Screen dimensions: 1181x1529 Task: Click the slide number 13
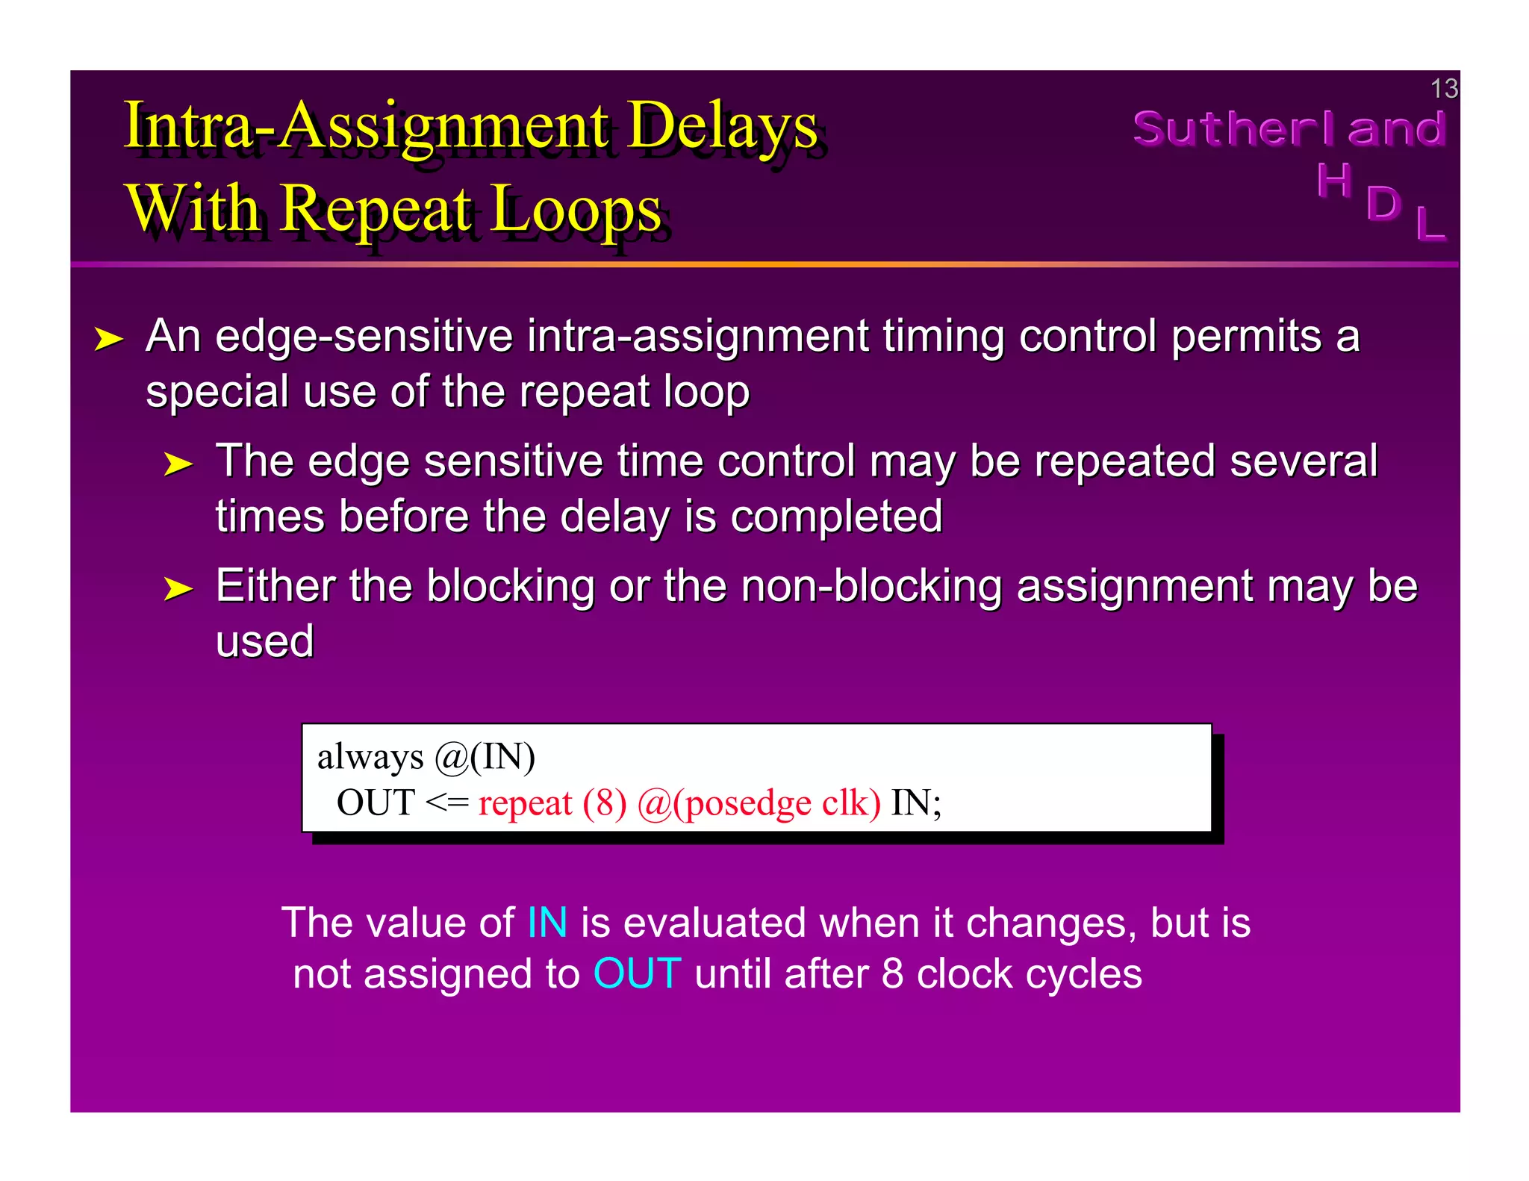click(1443, 89)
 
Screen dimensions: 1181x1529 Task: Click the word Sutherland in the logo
click(1289, 129)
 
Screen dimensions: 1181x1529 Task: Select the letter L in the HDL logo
click(1430, 223)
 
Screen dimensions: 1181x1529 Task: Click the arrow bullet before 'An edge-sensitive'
click(108, 339)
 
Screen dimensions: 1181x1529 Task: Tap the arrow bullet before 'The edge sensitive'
click(178, 464)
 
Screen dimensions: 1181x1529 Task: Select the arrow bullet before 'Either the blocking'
click(178, 588)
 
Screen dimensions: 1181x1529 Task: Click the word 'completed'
click(836, 516)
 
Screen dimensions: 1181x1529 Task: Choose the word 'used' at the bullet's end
click(264, 641)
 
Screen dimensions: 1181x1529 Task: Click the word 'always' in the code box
click(370, 757)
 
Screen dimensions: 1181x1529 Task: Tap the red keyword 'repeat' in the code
click(525, 803)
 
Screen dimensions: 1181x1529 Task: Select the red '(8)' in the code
click(605, 803)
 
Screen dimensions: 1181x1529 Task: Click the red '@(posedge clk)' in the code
click(759, 803)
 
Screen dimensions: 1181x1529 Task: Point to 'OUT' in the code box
click(376, 803)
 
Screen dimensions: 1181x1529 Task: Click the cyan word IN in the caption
click(547, 923)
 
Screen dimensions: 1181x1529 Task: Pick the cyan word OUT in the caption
click(637, 973)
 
